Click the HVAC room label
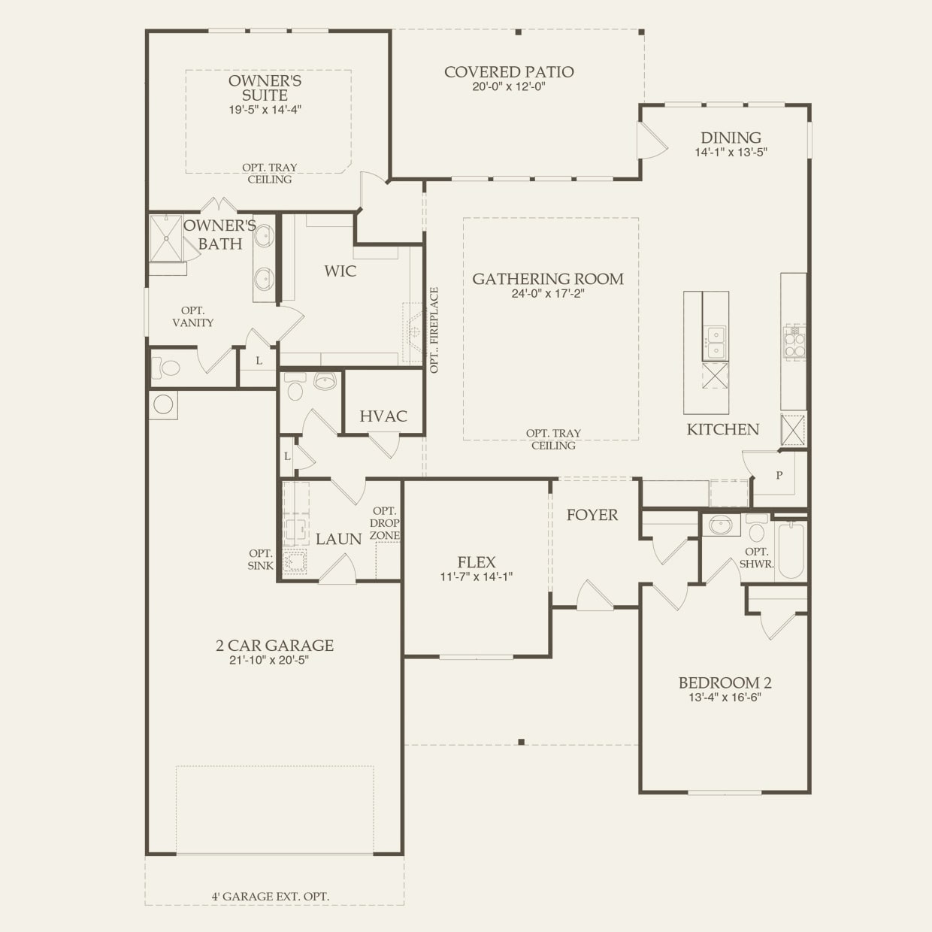[x=383, y=416]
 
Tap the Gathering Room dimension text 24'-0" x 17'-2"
[x=548, y=294]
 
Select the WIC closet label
[x=340, y=271]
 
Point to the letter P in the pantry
[x=779, y=476]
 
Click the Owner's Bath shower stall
[x=165, y=238]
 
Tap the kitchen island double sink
[x=716, y=343]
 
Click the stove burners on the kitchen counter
[x=794, y=341]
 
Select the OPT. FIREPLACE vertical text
[x=434, y=330]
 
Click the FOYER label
[x=592, y=515]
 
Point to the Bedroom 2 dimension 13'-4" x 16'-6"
[x=725, y=697]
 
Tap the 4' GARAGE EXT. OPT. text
[x=271, y=896]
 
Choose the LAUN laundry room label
[x=338, y=539]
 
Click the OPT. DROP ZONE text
[x=385, y=523]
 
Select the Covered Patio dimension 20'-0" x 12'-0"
[x=509, y=87]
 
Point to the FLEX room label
[x=477, y=562]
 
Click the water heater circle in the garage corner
[x=163, y=404]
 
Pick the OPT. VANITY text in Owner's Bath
[x=193, y=316]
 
